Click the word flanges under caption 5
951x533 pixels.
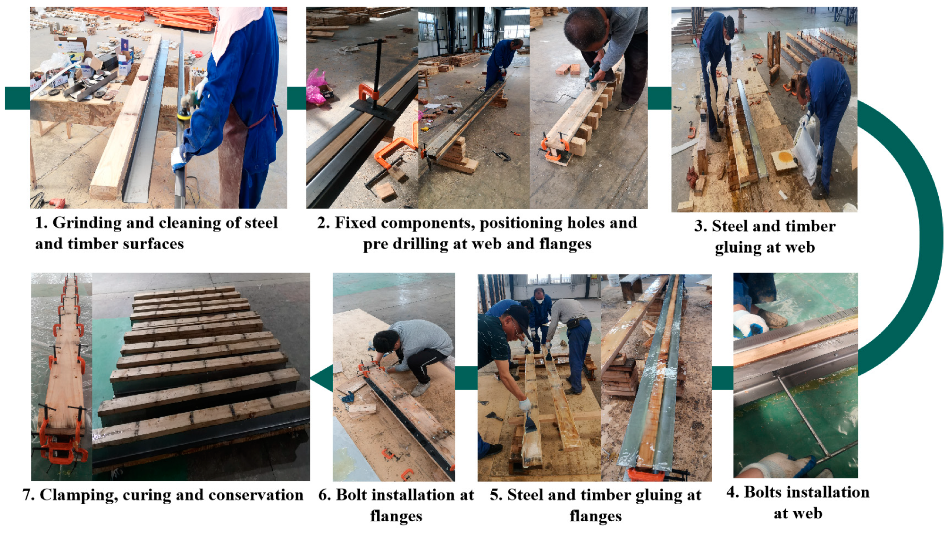point(596,516)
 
